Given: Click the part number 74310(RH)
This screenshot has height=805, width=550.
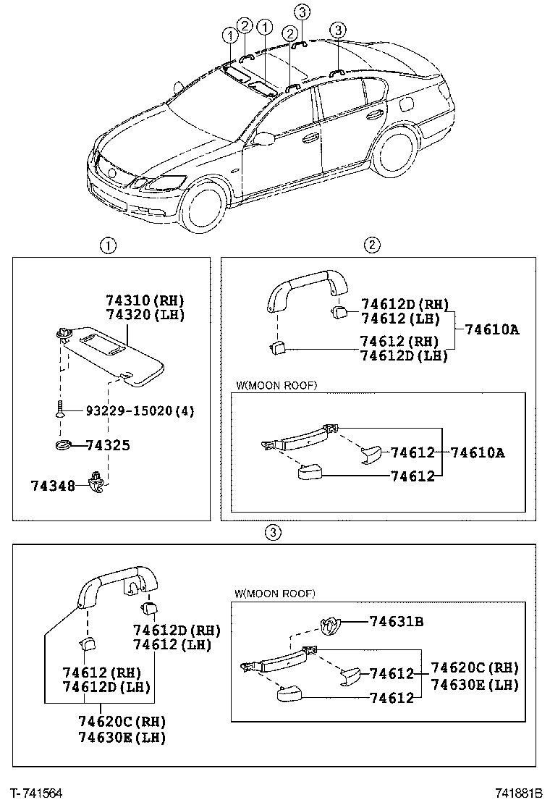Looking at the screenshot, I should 145,300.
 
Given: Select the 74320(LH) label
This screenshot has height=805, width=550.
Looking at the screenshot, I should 145,315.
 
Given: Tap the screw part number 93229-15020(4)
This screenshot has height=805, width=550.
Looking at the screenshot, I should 140,410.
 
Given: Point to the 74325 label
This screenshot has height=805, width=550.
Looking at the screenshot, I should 108,445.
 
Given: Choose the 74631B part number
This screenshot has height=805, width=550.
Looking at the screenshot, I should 397,620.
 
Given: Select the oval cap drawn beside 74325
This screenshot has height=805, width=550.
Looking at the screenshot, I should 64,444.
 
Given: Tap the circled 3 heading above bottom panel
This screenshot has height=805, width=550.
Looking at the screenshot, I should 271,533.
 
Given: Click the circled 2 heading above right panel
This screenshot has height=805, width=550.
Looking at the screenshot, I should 371,245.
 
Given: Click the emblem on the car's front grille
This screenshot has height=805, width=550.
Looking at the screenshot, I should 111,173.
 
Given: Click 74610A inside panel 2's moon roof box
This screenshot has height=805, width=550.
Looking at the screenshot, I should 478,453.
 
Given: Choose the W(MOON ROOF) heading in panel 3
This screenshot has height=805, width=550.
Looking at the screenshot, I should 274,594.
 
